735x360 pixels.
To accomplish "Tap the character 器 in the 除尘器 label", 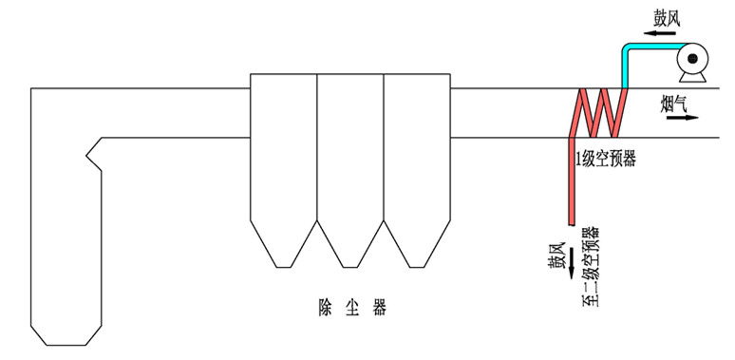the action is (x=380, y=307).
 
